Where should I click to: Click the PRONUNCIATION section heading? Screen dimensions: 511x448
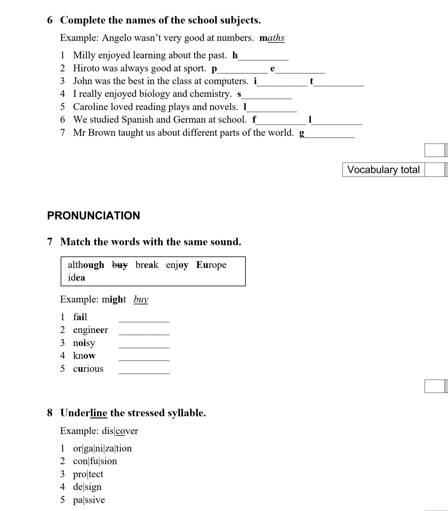coord(93,216)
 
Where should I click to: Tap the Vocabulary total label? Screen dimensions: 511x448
coord(383,170)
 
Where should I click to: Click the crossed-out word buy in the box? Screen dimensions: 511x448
coord(120,265)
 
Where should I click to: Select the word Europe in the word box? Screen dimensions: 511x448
coord(211,265)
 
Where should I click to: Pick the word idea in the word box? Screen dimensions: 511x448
coord(77,277)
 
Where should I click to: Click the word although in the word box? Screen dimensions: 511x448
coord(86,265)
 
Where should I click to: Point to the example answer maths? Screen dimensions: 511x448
coord(272,38)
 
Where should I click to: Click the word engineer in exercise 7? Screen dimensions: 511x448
coord(91,330)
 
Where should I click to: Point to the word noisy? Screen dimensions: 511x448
coord(84,343)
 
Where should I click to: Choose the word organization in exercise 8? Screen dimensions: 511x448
coord(102,448)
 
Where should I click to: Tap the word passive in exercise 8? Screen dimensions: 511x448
coord(89,500)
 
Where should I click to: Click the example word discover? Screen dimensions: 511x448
coord(120,431)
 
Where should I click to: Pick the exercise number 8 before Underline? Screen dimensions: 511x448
coord(50,413)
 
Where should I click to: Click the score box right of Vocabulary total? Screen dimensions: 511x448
coord(435,170)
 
